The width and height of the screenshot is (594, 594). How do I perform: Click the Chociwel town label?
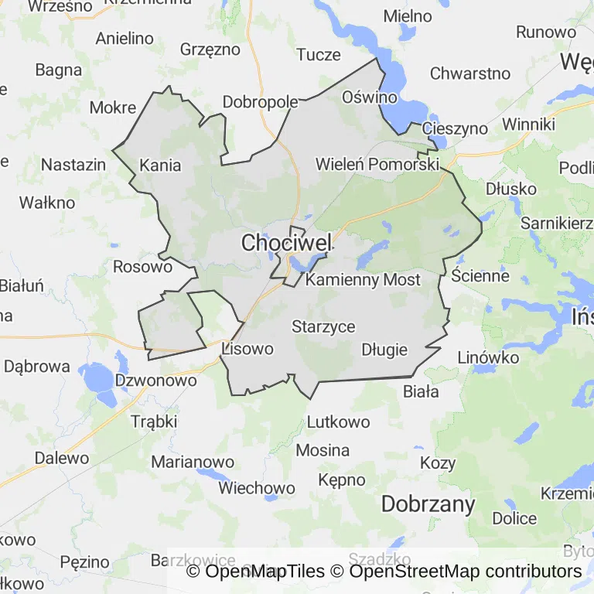[x=286, y=243]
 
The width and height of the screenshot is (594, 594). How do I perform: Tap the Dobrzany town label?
[x=428, y=504]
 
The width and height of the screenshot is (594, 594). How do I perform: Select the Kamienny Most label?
[x=363, y=280]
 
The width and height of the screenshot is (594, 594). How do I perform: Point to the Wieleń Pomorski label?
[x=377, y=165]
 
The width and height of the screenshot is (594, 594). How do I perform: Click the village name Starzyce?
[x=323, y=326]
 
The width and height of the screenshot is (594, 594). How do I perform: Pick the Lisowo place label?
[x=247, y=349]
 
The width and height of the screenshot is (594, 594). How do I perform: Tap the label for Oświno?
[x=370, y=97]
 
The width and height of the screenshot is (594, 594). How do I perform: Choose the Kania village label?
[x=160, y=165]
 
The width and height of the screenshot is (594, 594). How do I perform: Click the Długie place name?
[x=384, y=350]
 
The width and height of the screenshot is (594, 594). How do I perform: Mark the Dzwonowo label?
[x=155, y=381]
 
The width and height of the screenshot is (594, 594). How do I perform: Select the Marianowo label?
[x=193, y=462]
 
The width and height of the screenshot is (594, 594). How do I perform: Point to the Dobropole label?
[x=261, y=102]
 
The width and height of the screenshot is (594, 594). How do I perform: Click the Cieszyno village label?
[x=456, y=128]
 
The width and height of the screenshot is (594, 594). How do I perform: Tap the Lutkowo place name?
[x=339, y=422]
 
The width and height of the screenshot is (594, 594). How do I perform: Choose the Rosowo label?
[x=142, y=267]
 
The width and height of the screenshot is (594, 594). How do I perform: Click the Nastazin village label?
[x=73, y=165]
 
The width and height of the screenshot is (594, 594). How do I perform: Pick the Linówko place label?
[x=488, y=357]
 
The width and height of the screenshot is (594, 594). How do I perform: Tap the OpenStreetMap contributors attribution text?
[x=465, y=572]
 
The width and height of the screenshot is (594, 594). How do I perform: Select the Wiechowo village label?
[x=257, y=488]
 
